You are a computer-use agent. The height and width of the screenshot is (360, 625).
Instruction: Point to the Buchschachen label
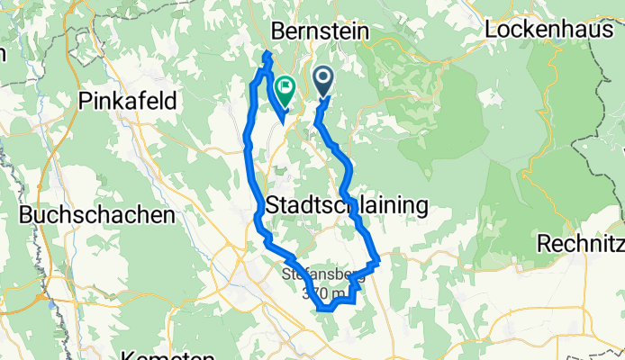pyautogui.click(x=95, y=216)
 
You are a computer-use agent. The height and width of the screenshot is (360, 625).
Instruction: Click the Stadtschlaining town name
pyautogui.click(x=347, y=206)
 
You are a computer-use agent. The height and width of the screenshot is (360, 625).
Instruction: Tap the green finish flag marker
pyautogui.click(x=285, y=88)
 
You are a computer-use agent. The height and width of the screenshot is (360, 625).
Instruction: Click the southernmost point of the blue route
pyautogui.click(x=322, y=310)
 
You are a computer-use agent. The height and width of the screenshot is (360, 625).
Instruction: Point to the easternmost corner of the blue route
pyautogui.click(x=380, y=261)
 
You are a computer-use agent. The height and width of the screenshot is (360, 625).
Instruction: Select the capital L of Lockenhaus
pyautogui.click(x=490, y=29)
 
